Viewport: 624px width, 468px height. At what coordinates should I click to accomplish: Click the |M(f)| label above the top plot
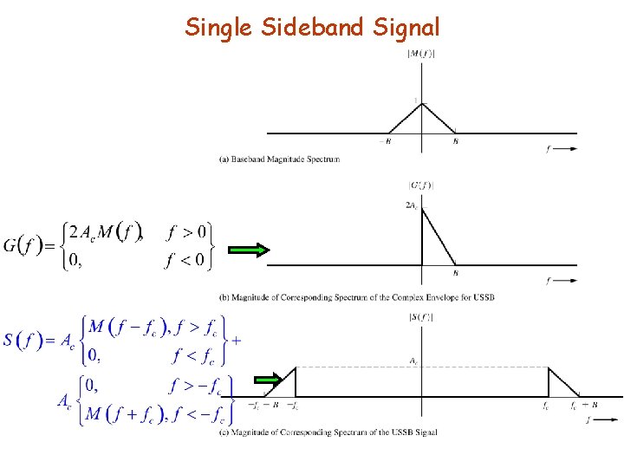pos(421,55)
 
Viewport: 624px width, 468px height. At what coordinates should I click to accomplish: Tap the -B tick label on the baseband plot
pos(383,141)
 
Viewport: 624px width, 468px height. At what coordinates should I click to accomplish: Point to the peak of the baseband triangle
pos(421,104)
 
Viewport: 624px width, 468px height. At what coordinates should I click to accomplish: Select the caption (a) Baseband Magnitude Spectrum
pos(279,159)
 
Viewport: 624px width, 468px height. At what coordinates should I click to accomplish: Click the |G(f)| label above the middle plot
pos(421,185)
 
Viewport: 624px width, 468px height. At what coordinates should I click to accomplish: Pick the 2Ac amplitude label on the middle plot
pos(413,205)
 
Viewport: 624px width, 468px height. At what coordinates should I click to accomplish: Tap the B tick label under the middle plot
pos(456,274)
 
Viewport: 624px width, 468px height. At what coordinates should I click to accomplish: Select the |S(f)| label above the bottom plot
pos(421,317)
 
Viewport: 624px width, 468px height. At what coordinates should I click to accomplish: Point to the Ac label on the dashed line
pos(415,360)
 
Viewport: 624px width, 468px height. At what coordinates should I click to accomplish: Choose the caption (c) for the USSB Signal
pos(328,432)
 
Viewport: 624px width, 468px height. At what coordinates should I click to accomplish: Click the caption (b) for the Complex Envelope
pos(355,297)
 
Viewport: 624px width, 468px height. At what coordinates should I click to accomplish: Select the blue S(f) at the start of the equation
pos(21,340)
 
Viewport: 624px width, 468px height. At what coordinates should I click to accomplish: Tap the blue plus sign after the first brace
pos(237,340)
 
